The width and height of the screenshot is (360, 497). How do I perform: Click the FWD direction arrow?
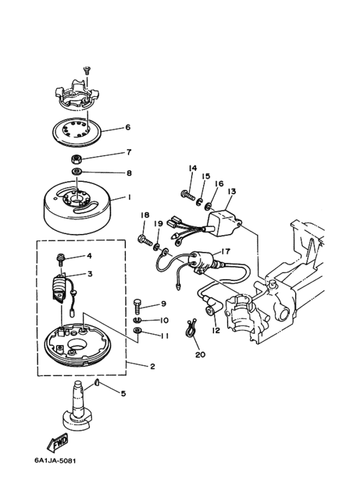tap(58, 442)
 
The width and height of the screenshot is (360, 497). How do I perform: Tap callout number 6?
tap(128, 127)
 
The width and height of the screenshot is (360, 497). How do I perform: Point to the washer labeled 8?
tap(77, 172)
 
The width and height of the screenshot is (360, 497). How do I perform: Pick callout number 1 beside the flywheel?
tap(129, 197)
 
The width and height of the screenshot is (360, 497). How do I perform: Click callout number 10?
tap(164, 320)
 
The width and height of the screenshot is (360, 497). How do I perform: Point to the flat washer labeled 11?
tap(137, 330)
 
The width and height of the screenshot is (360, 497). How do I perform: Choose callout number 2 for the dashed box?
tap(152, 366)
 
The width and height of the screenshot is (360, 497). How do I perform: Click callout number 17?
tap(225, 251)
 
